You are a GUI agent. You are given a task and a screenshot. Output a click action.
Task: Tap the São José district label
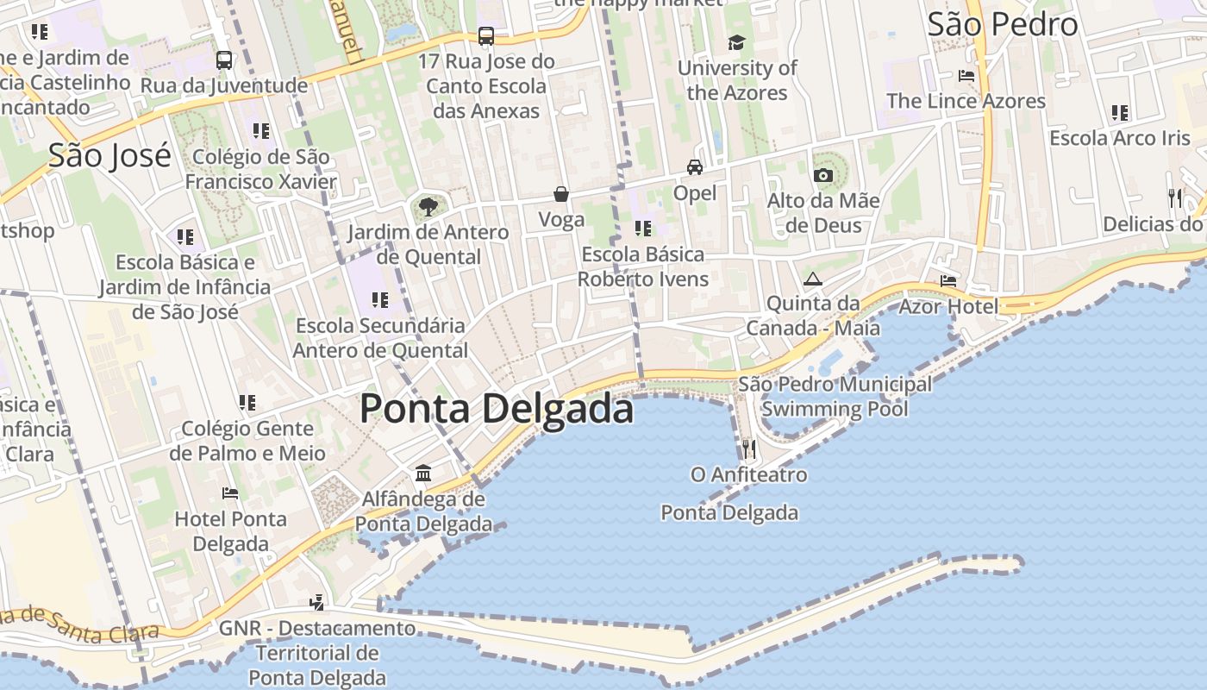pyautogui.click(x=109, y=155)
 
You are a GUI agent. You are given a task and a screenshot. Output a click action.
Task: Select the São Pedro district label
pyautogui.click(x=1003, y=24)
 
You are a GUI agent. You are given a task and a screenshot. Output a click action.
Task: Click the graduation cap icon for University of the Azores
pyautogui.click(x=736, y=42)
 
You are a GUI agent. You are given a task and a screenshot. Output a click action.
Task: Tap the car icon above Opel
pyautogui.click(x=695, y=166)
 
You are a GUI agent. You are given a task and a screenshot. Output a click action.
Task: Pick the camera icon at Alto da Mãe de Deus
pyautogui.click(x=823, y=175)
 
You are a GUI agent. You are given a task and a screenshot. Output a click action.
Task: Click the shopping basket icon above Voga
pyautogui.click(x=561, y=194)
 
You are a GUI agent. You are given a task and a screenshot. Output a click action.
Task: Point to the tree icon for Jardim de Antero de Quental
pyautogui.click(x=427, y=206)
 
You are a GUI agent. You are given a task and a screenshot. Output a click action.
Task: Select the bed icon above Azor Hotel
pyautogui.click(x=948, y=281)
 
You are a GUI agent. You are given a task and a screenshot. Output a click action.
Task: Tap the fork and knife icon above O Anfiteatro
pyautogui.click(x=748, y=448)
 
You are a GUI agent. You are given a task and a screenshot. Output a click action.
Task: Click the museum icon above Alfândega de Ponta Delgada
pyautogui.click(x=423, y=473)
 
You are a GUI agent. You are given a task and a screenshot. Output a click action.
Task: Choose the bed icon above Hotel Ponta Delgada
pyautogui.click(x=230, y=493)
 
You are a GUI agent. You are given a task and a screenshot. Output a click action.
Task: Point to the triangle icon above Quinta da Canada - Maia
pyautogui.click(x=812, y=279)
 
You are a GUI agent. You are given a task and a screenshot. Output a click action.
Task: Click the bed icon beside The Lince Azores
pyautogui.click(x=966, y=76)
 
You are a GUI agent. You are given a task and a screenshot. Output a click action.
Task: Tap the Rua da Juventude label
pyautogui.click(x=223, y=85)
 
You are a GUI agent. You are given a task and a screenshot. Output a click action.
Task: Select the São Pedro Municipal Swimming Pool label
pyautogui.click(x=835, y=396)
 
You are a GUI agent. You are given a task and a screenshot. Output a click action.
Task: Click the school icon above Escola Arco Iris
pyautogui.click(x=1120, y=112)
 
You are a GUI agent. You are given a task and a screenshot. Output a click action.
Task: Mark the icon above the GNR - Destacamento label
pyautogui.click(x=317, y=602)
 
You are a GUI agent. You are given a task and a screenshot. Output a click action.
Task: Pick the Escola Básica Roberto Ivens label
pyautogui.click(x=643, y=267)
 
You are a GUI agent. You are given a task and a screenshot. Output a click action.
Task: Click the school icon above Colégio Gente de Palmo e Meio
pyautogui.click(x=247, y=402)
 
